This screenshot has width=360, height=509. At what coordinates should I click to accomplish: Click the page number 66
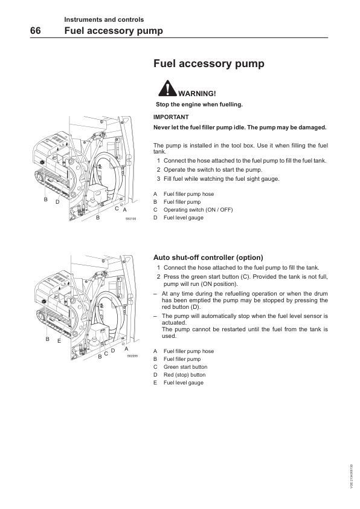tap(36, 30)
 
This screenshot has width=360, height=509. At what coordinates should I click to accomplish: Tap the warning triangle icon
tap(167, 88)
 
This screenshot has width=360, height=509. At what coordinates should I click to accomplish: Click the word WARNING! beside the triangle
tap(197, 94)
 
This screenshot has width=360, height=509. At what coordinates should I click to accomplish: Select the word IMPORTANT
tap(171, 117)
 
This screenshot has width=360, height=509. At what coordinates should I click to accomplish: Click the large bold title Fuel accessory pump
tap(209, 63)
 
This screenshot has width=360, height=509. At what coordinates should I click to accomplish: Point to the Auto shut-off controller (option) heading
tap(208, 258)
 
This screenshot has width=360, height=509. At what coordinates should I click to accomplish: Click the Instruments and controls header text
tap(104, 19)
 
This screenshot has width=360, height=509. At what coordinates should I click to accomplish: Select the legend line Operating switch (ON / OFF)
tap(198, 210)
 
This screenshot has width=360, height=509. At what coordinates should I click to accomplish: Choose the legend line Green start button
tap(185, 367)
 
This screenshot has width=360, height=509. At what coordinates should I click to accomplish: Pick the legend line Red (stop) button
tap(185, 375)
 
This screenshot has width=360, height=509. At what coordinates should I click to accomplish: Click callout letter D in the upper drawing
tap(57, 202)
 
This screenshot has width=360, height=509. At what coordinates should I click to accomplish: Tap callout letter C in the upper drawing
tap(117, 209)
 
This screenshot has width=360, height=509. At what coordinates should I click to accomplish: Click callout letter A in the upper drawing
tap(124, 210)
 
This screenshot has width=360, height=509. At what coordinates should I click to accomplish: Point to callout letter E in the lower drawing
tap(59, 341)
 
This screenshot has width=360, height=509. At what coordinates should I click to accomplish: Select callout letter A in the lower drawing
tap(126, 349)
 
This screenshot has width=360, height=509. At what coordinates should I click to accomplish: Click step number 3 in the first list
tap(159, 178)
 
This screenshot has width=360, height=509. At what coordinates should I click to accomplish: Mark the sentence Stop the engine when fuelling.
tap(199, 105)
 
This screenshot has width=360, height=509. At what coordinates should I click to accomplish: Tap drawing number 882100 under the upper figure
tap(130, 219)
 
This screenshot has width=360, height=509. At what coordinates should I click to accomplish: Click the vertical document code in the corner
tap(352, 476)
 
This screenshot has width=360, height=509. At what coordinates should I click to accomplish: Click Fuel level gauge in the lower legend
tap(184, 383)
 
